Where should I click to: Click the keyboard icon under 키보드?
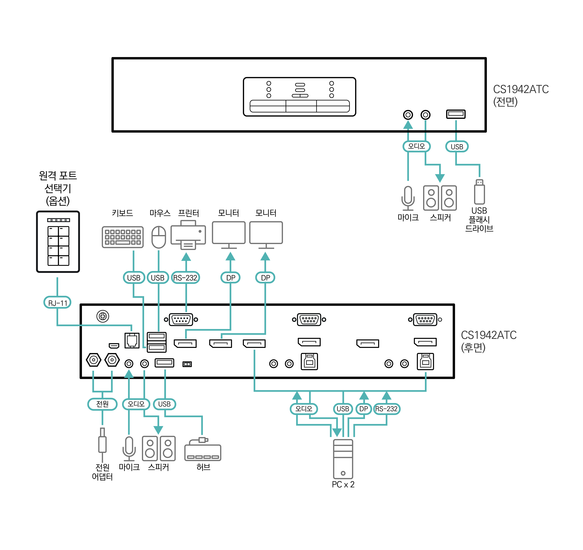point(123,237)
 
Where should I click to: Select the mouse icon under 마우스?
point(159,237)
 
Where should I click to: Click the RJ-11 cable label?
point(58,302)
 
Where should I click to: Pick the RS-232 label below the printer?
point(185,277)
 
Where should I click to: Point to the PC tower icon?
point(343,459)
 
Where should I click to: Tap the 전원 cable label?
point(102,404)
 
